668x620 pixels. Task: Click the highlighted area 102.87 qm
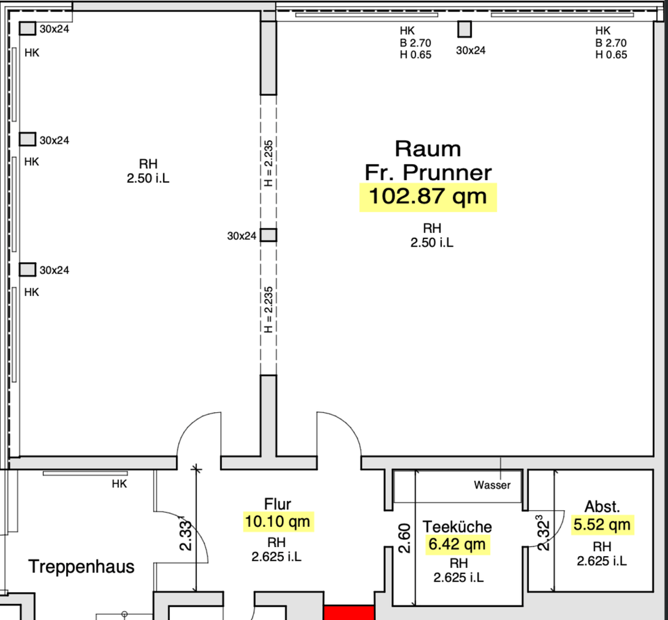coord(427,197)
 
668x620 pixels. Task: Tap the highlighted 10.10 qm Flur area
coord(278,521)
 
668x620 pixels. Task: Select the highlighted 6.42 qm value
coord(457,544)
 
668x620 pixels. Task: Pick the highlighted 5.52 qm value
coord(602,524)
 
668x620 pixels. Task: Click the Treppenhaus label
coord(81,566)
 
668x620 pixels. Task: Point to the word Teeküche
coord(457,527)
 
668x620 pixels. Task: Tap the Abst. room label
coord(603,506)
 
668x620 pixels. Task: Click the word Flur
coord(278,504)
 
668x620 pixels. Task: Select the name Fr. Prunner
coord(428,172)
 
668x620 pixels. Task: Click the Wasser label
coord(492,485)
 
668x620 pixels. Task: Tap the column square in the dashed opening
coord(269,235)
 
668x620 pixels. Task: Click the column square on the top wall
coord(464,30)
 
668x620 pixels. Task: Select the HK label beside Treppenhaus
coord(119,484)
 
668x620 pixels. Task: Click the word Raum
coord(427,148)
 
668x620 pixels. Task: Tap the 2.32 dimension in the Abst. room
coord(541,532)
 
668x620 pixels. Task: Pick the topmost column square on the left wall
coord(27,28)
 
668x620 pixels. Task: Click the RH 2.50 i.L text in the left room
coord(148,171)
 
